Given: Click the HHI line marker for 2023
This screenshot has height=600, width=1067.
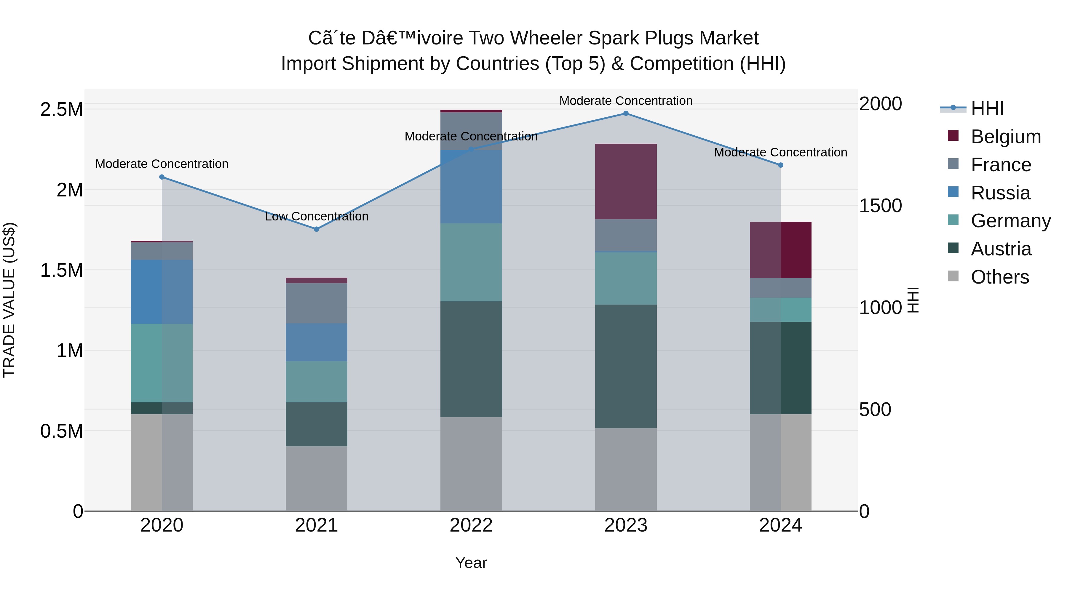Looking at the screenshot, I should point(626,113).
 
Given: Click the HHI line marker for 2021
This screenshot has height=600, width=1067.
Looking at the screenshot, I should point(317,229).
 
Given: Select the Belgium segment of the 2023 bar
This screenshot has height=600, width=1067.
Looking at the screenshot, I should point(626,181).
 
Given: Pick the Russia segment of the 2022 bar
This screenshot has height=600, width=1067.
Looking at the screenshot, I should point(471,187).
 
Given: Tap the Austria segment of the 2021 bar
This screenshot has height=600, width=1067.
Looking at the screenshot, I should point(317,424).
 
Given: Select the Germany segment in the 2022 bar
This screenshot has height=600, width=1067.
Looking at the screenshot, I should point(471,262).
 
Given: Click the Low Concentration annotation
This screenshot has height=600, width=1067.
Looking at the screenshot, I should point(317,216).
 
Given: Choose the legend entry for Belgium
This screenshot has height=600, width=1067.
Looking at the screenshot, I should point(1005,137).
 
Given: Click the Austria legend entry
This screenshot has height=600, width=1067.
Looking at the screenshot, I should point(1001,249).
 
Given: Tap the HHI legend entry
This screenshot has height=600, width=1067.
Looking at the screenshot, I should point(987,108).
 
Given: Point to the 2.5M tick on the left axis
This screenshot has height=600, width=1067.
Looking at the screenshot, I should point(61,110).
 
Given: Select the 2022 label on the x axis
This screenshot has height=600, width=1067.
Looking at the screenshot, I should point(471,525).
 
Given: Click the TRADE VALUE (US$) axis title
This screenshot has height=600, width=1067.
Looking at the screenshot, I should point(9,300).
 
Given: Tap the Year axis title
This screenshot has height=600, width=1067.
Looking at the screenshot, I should point(471,563).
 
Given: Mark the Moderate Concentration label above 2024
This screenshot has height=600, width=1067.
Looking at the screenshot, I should point(780,152).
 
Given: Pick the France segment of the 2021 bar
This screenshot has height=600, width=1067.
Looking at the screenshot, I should point(317,303).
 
